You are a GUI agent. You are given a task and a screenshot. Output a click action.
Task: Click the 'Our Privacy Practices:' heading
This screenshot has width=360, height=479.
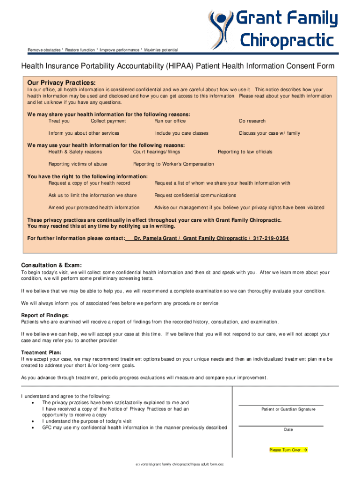pos(61,82)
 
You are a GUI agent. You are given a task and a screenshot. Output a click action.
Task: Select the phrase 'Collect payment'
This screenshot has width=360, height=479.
pos(108,121)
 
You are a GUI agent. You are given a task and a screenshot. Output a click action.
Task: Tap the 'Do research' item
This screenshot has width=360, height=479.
pos(252,121)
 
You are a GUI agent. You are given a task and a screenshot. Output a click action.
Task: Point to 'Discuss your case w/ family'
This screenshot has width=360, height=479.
pos(269,133)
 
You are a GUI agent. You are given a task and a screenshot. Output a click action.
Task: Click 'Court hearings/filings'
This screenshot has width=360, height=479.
pos(157,152)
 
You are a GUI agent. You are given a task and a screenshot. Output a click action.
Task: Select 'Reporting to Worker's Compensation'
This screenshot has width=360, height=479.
pos(173,164)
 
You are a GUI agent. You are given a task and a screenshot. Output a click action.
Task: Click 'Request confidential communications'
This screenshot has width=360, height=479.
pos(195,195)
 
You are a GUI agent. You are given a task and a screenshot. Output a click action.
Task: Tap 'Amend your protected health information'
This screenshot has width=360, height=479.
pos(94,208)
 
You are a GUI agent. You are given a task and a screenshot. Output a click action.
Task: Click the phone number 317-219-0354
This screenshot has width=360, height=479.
pos(271,239)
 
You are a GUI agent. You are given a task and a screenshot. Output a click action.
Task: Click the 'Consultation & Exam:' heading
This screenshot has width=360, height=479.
pos(51,264)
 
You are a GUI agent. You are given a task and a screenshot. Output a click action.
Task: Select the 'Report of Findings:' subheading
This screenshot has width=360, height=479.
pos(45,315)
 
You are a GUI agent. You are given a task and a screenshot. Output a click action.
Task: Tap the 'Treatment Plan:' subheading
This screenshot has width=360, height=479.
pos(41,353)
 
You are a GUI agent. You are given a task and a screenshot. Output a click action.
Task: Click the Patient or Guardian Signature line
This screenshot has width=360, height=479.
pos(281,405)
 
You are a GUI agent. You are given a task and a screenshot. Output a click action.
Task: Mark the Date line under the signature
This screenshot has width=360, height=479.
pos(281,425)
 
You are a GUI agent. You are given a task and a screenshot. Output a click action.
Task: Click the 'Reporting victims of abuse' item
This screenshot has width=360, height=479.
pos(78,164)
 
